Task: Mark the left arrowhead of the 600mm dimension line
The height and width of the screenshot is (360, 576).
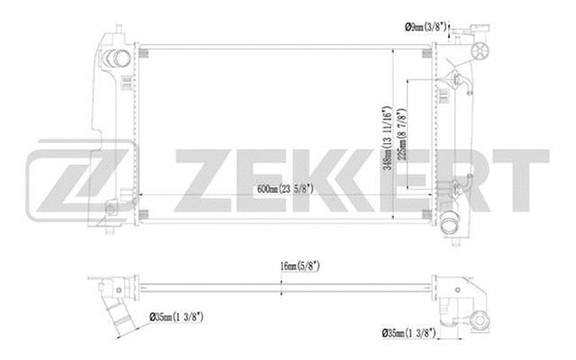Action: [x=145, y=197]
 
